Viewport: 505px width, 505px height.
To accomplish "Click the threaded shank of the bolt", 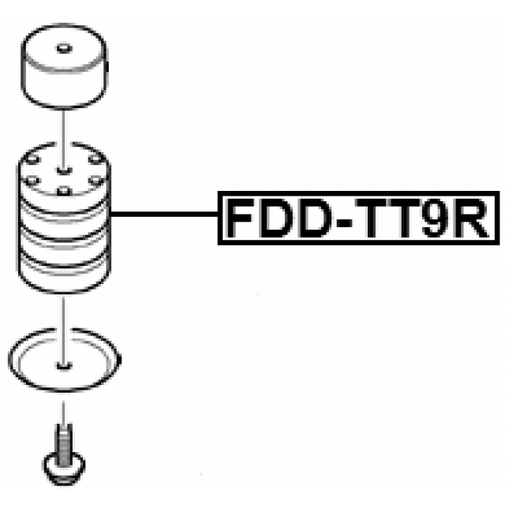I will pos(62,437).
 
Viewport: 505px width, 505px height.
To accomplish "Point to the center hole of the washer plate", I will pos(62,365).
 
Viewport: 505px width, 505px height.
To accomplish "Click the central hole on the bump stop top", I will pos(62,167).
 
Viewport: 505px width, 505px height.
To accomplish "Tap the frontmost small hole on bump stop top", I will pos(62,190).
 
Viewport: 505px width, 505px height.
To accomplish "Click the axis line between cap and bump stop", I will pos(62,126).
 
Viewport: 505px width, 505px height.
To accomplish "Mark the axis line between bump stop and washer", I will pos(62,312).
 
